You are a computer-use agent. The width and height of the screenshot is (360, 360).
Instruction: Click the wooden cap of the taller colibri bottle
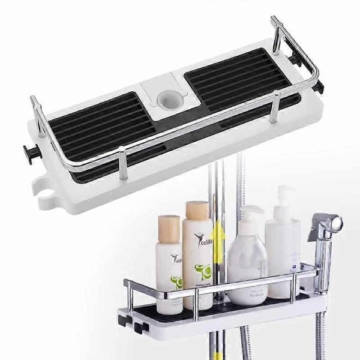pyautogui.click(x=197, y=211)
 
